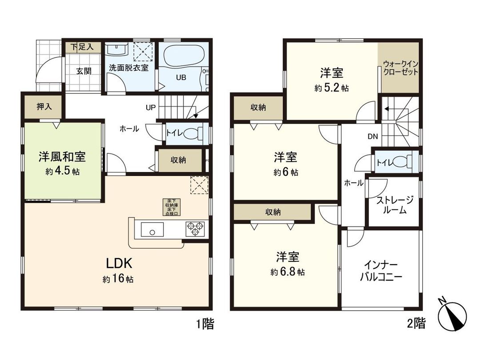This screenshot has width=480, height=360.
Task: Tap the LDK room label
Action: (x=119, y=263)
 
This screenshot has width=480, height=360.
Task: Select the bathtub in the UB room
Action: (x=184, y=57)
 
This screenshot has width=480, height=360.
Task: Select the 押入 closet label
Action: (x=43, y=107)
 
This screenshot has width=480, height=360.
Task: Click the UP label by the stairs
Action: (x=150, y=107)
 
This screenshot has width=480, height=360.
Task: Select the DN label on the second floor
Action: (x=372, y=136)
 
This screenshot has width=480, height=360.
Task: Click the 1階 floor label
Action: (x=205, y=324)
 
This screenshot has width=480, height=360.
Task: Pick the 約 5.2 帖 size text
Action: (x=331, y=88)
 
